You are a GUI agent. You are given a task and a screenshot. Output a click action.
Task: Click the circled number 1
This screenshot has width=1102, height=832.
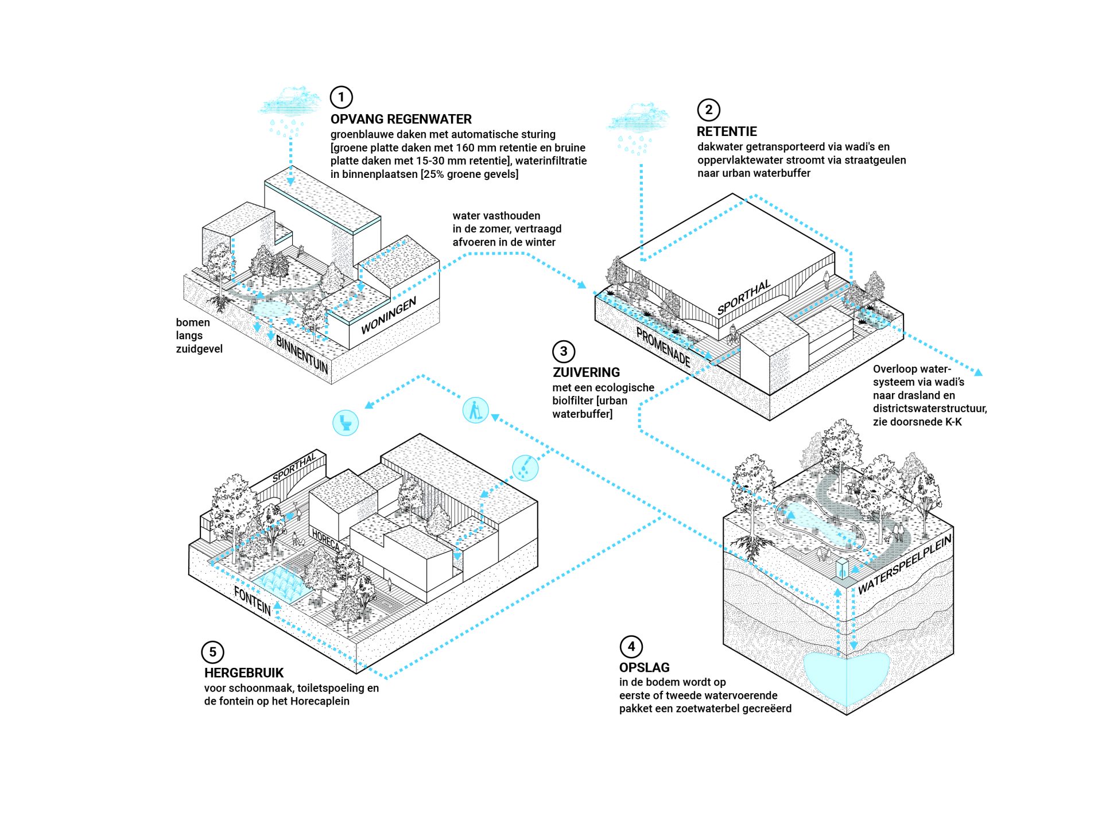coord(341,97)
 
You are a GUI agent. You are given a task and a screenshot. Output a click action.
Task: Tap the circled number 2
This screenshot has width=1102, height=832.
coord(708,110)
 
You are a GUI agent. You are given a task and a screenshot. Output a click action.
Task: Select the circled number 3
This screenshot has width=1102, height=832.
coord(564,351)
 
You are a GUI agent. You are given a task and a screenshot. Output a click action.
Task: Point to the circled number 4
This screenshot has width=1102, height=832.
coord(631,647)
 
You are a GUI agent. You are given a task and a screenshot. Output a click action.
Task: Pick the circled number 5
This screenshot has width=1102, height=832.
coord(212,652)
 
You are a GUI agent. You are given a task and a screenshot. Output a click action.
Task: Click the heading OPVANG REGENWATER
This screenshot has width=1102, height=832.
coord(401,119)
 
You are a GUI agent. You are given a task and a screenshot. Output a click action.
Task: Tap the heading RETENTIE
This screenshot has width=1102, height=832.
coord(727,131)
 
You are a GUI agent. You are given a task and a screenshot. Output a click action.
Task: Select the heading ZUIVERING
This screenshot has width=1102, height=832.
coord(586,372)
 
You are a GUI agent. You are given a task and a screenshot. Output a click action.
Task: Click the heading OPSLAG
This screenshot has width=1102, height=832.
coord(644,667)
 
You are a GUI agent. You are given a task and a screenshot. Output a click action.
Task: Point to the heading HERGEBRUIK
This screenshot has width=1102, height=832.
coord(244,672)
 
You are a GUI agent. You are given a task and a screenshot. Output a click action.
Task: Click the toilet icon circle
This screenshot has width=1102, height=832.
coord(346,423)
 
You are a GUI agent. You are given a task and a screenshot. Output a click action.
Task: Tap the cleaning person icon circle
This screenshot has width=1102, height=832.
coord(475,410)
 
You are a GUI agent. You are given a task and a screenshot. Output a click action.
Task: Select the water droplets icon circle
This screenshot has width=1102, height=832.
coord(525,468)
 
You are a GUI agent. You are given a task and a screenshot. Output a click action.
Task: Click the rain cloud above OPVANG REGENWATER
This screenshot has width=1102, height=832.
coord(290,103)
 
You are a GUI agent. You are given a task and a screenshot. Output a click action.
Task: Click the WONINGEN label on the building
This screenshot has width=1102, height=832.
coord(389,316)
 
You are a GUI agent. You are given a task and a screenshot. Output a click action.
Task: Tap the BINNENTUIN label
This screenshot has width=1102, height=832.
coord(302,354)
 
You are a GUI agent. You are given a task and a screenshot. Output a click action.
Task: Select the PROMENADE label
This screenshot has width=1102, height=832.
coord(663,347)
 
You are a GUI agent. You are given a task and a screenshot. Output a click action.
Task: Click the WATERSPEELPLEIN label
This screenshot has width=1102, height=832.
coord(905,563)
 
